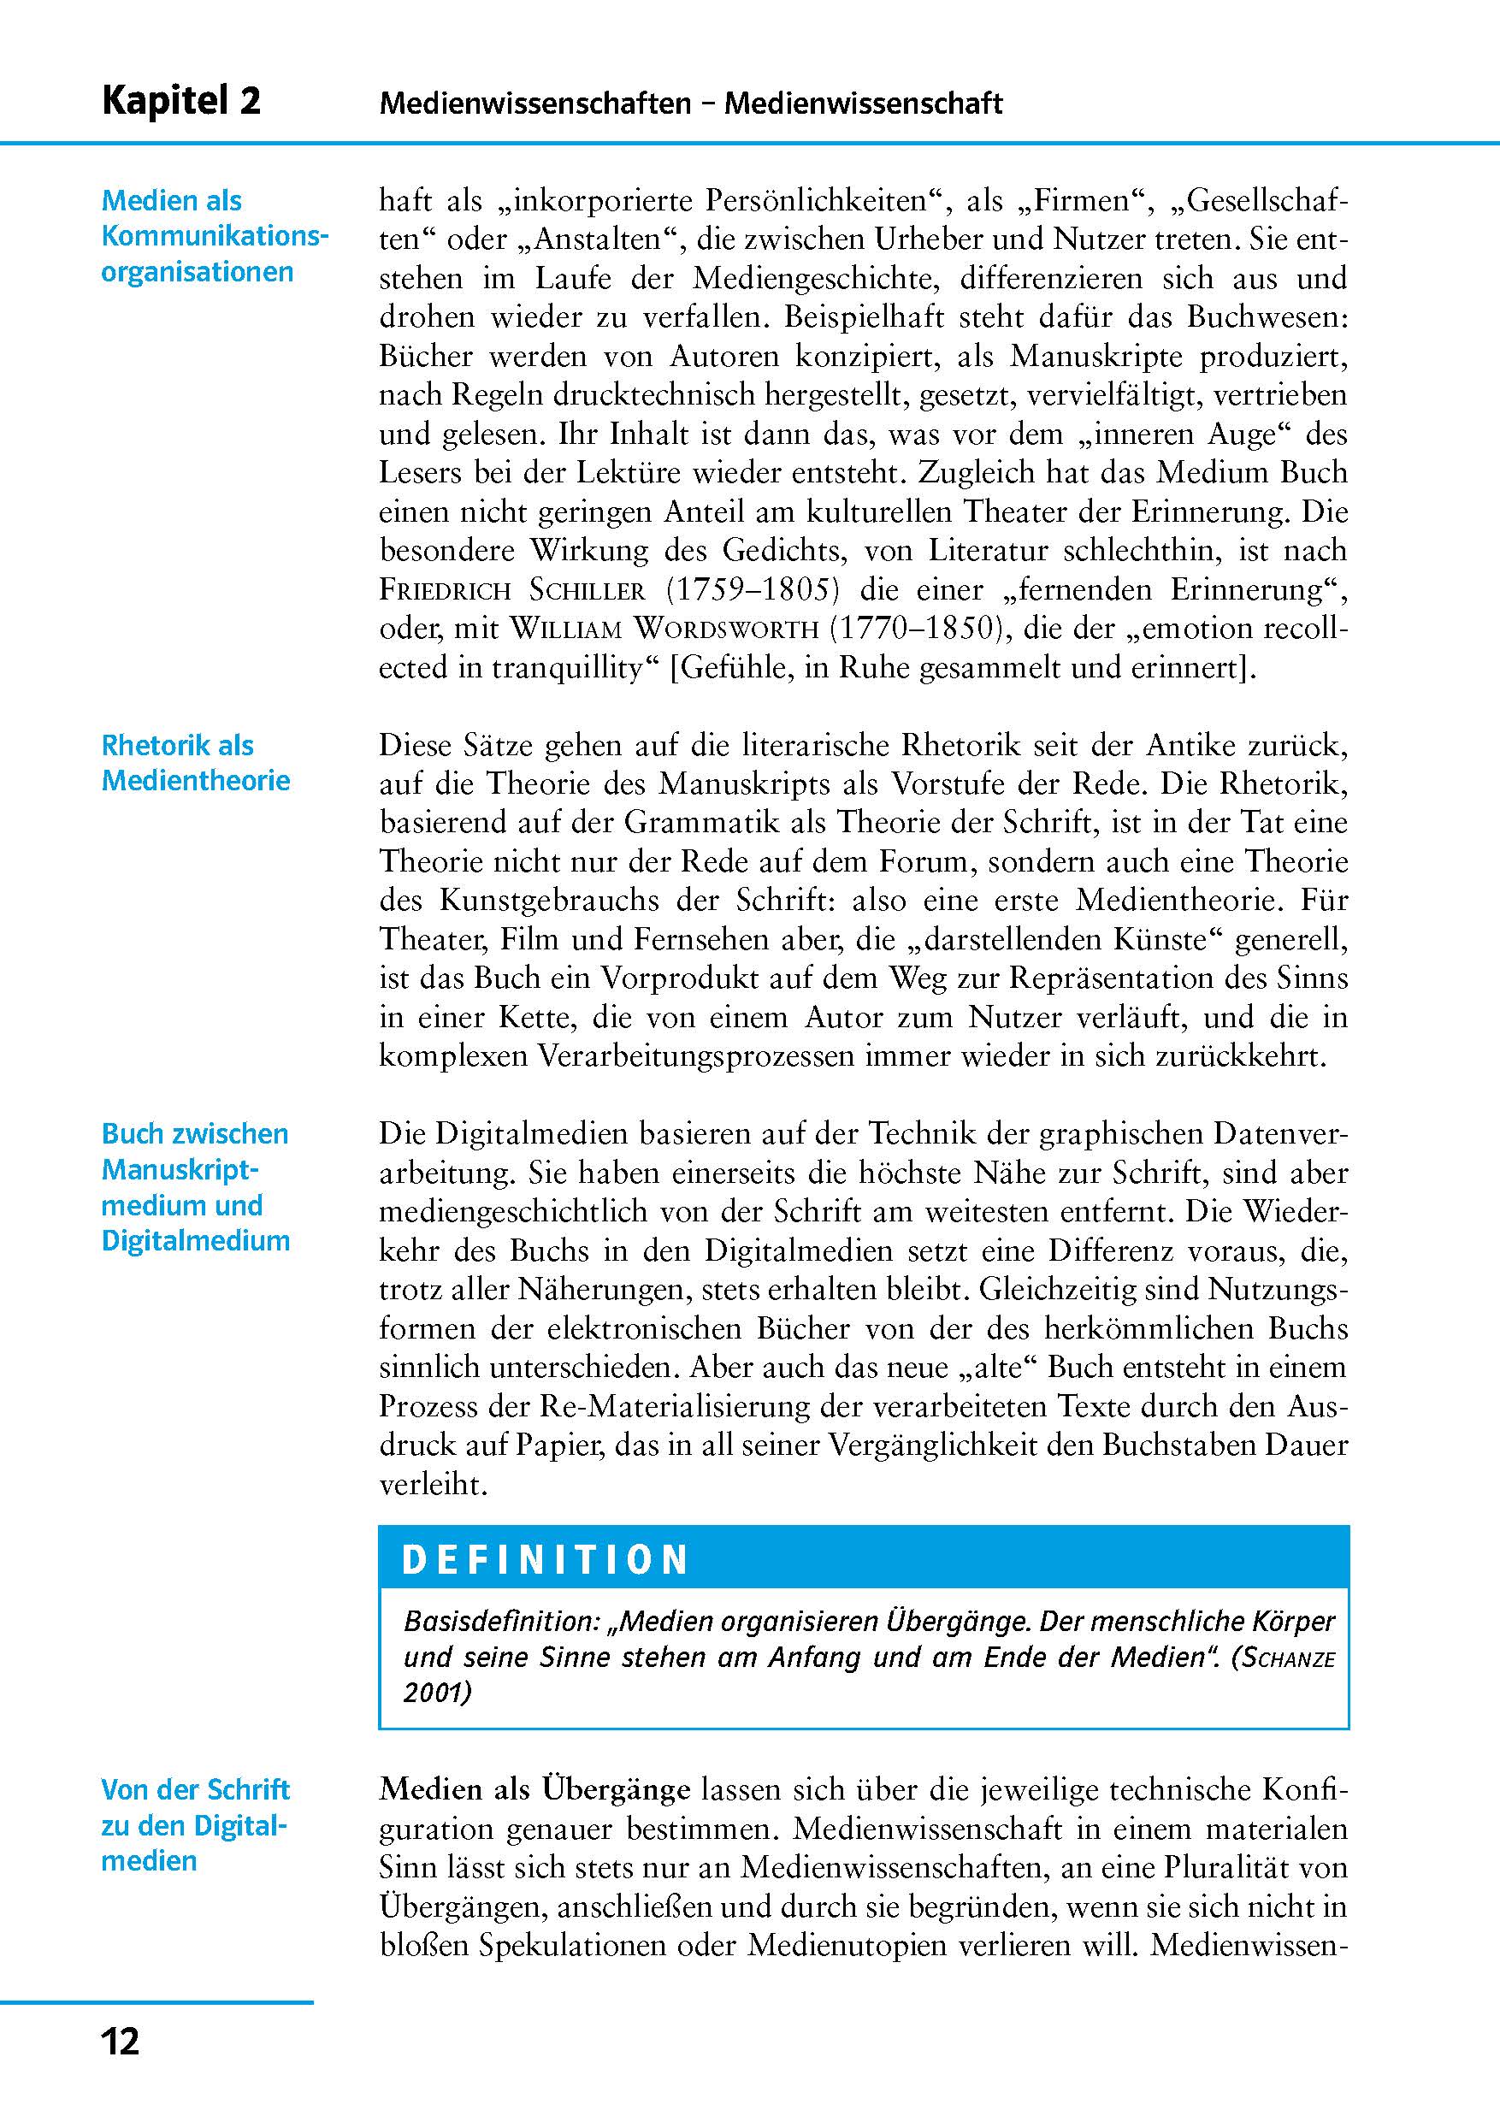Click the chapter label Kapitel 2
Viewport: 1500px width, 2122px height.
pyautogui.click(x=181, y=101)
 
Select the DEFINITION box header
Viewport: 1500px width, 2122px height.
pyautogui.click(x=546, y=1559)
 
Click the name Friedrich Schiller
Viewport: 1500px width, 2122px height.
pyautogui.click(x=511, y=589)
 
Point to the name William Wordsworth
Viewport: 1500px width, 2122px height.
pyautogui.click(x=664, y=629)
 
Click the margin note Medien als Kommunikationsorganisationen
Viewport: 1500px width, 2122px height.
pyautogui.click(x=215, y=236)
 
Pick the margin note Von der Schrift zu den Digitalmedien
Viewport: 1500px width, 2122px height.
pyautogui.click(x=195, y=1825)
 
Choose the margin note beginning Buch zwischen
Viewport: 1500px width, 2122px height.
pyautogui.click(x=195, y=1186)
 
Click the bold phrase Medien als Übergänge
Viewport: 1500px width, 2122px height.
pyautogui.click(x=534, y=1790)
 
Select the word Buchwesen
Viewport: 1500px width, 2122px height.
pyautogui.click(x=1268, y=317)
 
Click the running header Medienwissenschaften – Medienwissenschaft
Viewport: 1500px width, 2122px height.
pyautogui.click(x=690, y=103)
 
